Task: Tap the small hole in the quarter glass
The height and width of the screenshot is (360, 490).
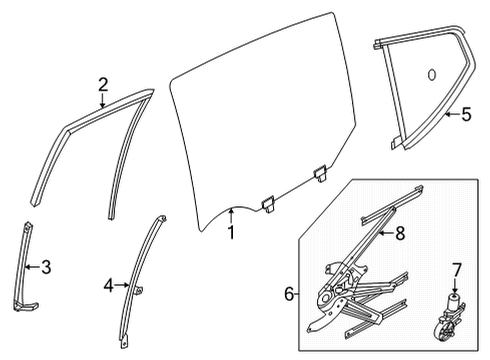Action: tap(431, 75)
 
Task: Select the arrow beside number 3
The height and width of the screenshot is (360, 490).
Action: tap(30, 266)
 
